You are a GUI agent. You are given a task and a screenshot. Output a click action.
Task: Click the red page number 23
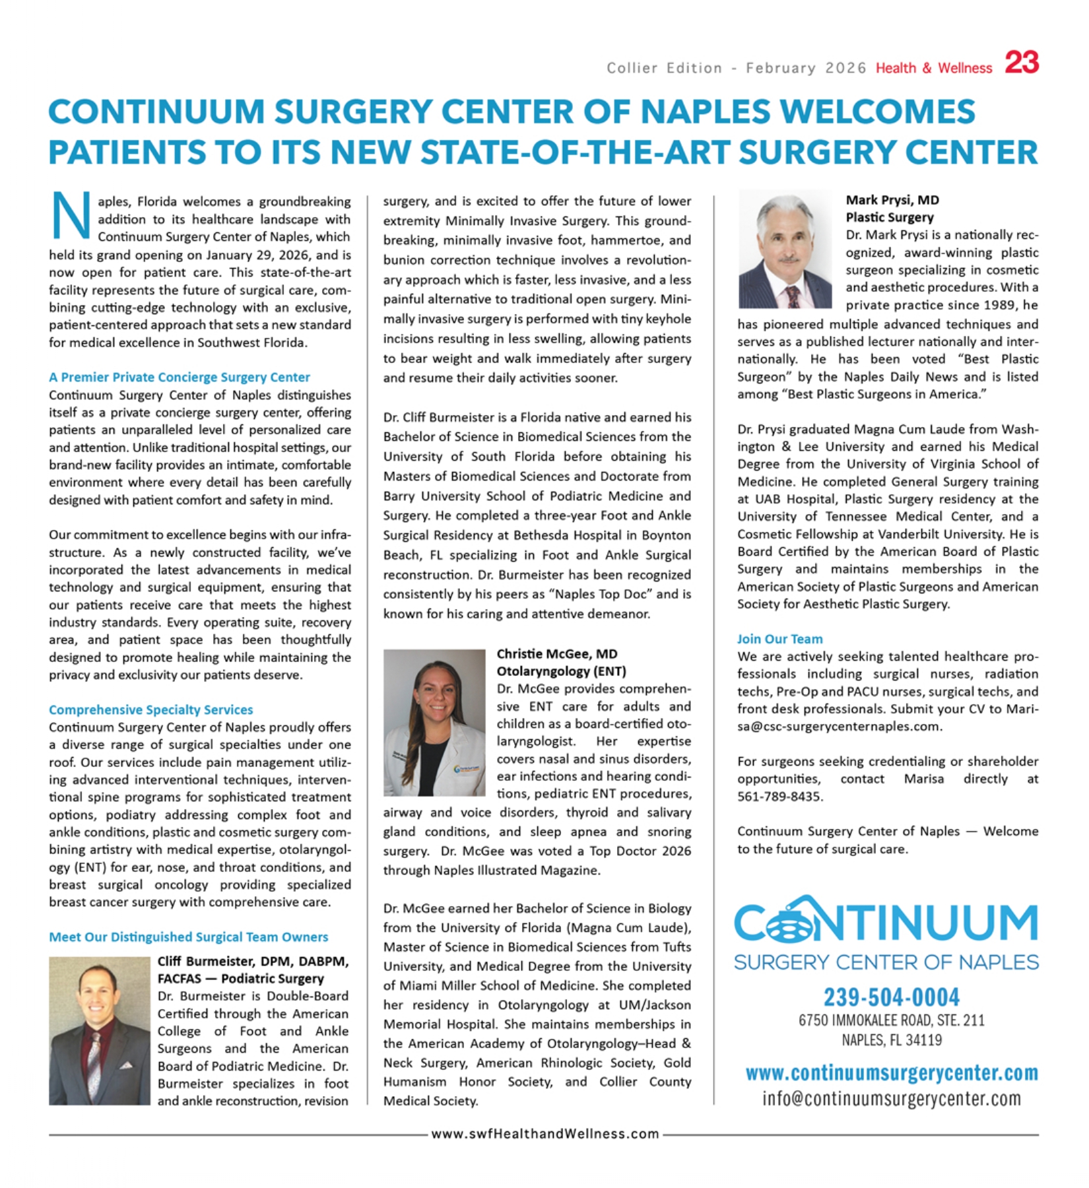tap(1022, 63)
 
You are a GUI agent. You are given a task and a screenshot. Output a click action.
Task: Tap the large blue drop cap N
tap(70, 215)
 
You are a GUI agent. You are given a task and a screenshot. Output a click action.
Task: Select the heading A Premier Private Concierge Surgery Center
tap(179, 377)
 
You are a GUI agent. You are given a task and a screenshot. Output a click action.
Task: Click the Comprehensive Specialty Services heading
tap(150, 709)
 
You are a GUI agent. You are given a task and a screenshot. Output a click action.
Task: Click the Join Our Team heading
tap(779, 639)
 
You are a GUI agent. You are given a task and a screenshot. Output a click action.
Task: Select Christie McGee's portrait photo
tap(434, 722)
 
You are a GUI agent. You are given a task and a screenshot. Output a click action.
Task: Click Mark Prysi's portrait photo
tap(785, 250)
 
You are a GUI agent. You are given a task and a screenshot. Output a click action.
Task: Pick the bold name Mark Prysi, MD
tap(892, 200)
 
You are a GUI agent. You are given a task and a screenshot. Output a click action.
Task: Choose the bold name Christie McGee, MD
tap(556, 654)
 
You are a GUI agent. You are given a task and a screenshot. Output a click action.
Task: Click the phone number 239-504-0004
tap(891, 997)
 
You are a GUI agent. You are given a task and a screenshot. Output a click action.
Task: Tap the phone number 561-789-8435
tap(779, 797)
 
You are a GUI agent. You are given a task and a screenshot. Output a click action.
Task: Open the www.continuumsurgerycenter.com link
tap(891, 1074)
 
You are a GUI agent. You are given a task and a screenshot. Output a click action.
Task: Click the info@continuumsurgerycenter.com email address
tap(891, 1099)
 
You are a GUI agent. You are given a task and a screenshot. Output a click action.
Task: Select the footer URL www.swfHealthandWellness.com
tap(544, 1134)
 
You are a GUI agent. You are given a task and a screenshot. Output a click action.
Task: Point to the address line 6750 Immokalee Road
tap(891, 1020)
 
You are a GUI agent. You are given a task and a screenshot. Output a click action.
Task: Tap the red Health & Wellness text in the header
tap(933, 68)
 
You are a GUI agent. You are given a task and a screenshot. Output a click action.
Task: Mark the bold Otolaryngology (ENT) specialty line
tap(561, 671)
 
